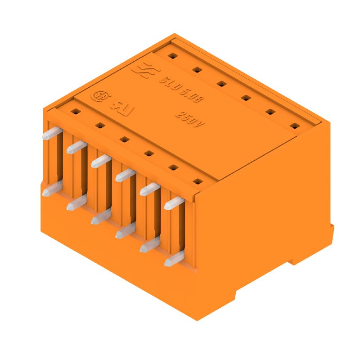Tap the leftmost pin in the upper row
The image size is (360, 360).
pyautogui.click(x=50, y=133)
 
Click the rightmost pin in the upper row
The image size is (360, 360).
pyautogui.click(x=174, y=203)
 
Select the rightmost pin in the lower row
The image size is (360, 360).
pyautogui.click(x=174, y=260)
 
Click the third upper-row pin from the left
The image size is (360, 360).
pyautogui.click(x=100, y=161)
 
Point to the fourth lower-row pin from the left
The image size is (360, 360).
pyautogui.click(x=125, y=231)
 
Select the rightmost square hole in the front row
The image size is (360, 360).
pyautogui.click(x=196, y=182)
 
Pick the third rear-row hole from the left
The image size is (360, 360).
pyautogui.click(x=220, y=83)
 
